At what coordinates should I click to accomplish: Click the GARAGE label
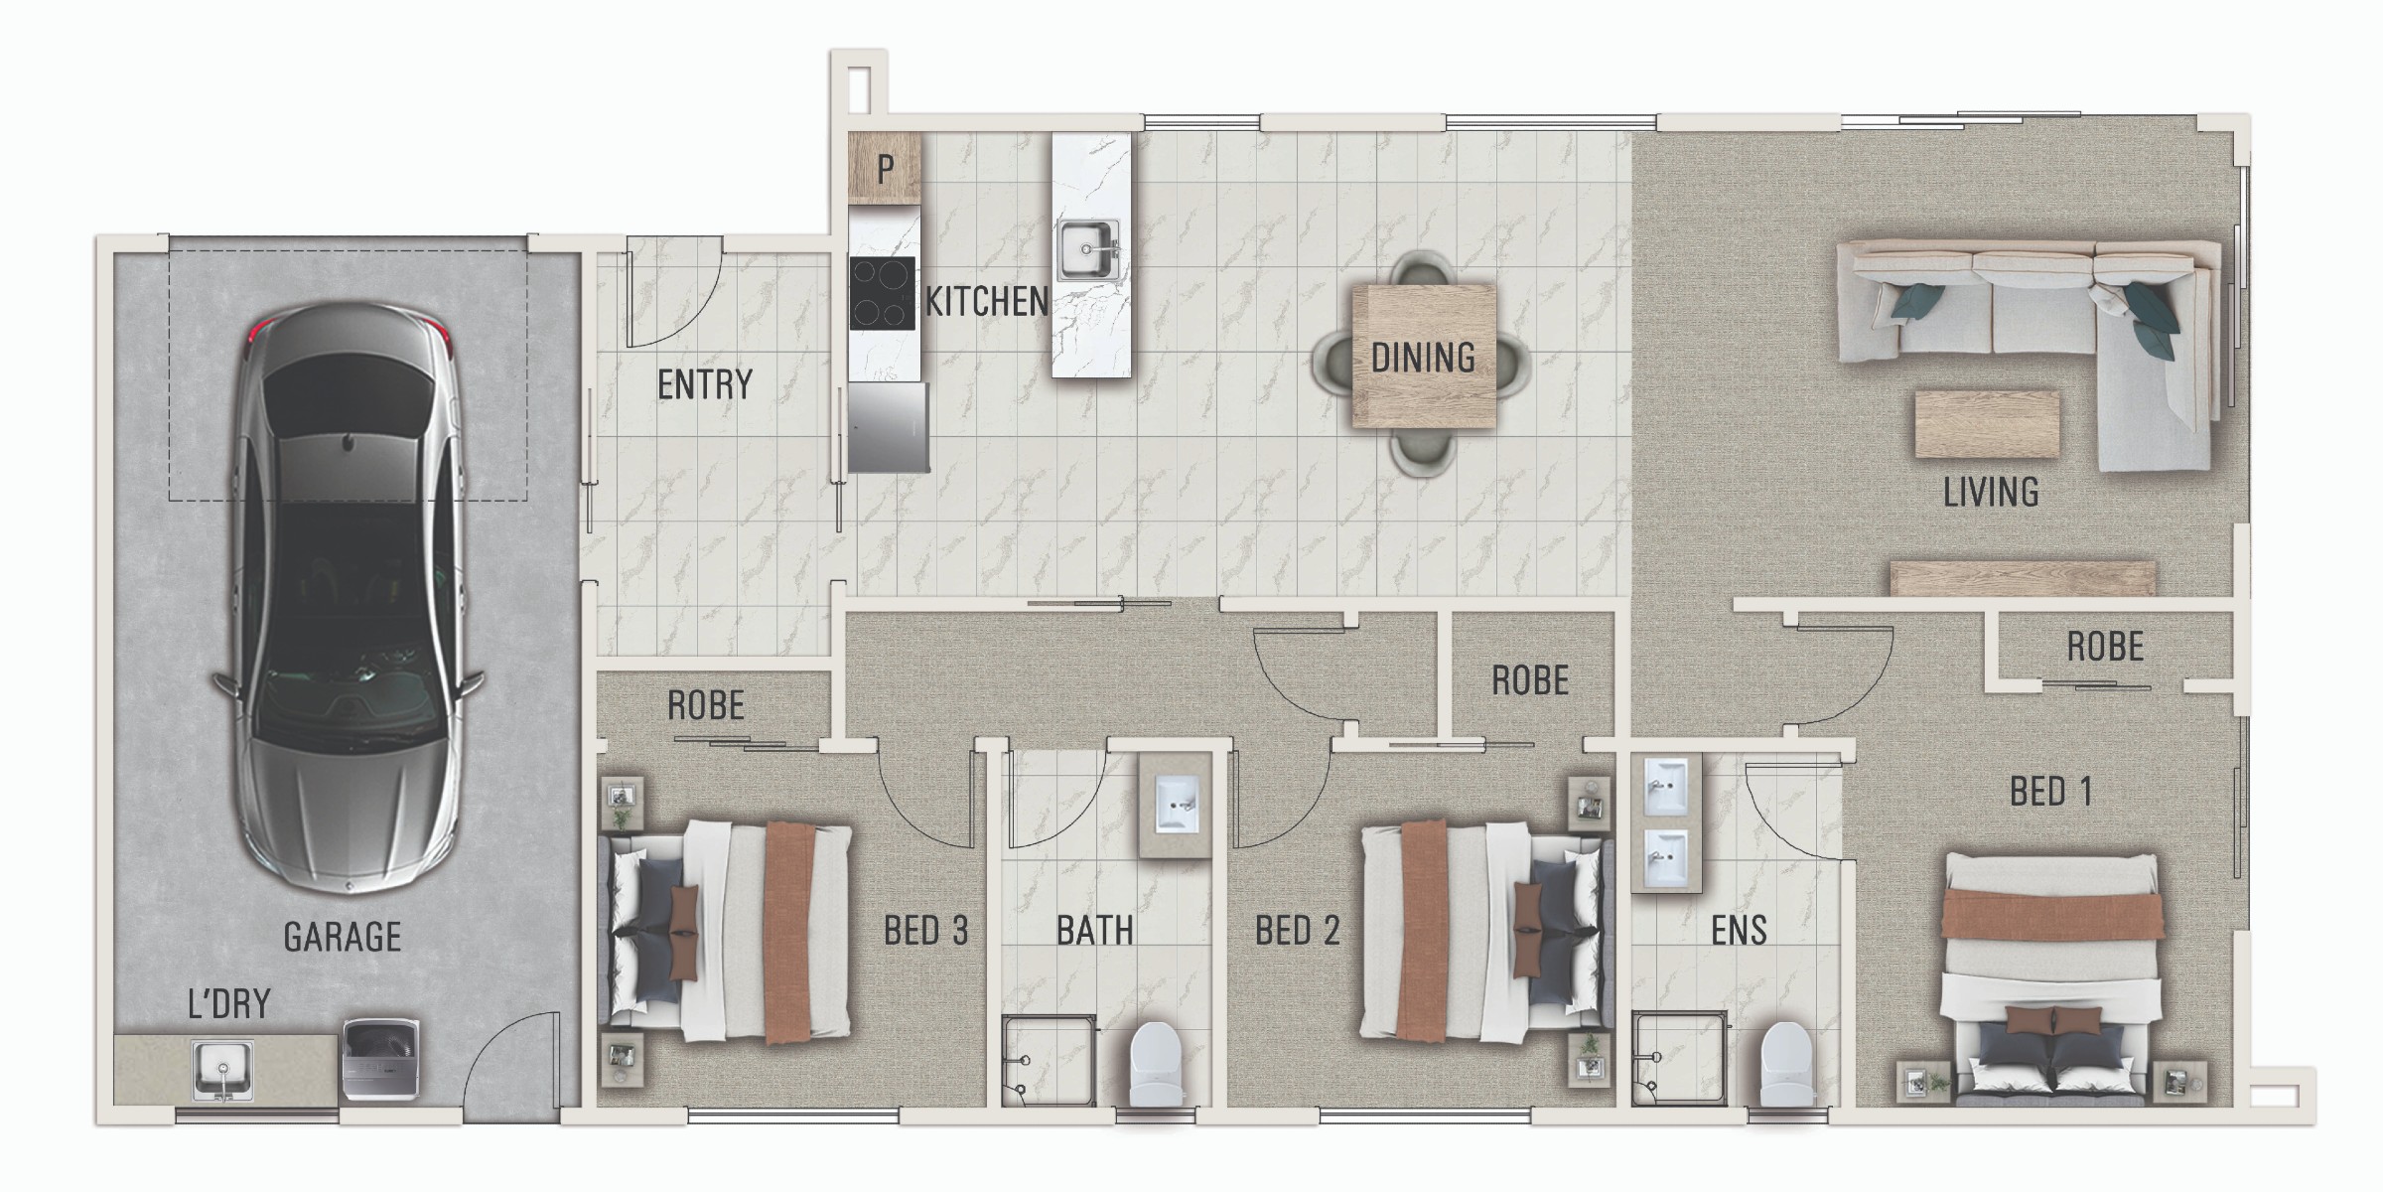343,937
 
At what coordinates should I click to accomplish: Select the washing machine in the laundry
381,1062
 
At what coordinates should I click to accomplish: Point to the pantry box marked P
885,169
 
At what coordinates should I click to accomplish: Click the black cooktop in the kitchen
882,293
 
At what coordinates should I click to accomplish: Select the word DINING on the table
1423,358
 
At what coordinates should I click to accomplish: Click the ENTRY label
705,384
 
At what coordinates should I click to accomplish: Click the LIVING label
1991,493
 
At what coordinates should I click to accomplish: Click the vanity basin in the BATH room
1178,805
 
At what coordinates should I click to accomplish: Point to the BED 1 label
2051,792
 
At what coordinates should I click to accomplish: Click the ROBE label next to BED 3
706,705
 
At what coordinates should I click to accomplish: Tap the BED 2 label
1298,931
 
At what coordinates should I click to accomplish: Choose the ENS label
1739,931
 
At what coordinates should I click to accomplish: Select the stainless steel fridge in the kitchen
889,427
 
